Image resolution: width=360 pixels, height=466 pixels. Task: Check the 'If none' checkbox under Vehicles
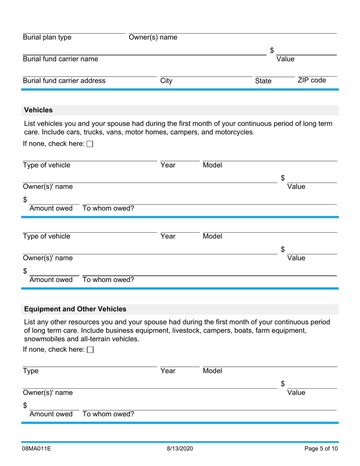pos(90,144)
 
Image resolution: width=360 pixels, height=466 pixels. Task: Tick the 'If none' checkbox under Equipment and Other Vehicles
pos(90,350)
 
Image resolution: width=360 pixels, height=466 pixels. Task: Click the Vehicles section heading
pos(38,110)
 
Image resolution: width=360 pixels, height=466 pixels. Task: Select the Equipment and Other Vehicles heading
pos(75,309)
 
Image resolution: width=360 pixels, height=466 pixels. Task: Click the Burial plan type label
pos(47,38)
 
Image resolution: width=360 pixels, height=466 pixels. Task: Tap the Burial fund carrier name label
pos(60,59)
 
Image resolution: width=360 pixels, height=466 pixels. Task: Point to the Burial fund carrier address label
pos(64,81)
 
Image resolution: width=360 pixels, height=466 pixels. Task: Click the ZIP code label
pos(311,80)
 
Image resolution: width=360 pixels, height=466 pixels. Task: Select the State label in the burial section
pos(263,81)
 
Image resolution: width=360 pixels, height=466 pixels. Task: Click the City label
pos(166,81)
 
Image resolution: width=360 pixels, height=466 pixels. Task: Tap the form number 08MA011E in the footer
pos(37,449)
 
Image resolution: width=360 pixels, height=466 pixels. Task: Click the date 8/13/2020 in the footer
pos(180,449)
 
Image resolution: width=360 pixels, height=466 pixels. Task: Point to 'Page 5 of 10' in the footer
pos(321,449)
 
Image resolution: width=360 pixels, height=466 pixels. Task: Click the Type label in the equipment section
pos(31,371)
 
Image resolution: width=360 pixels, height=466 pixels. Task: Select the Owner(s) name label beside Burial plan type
pos(153,38)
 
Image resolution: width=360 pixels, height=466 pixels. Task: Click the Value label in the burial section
pos(285,59)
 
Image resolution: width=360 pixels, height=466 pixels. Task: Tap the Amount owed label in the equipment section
pos(51,414)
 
